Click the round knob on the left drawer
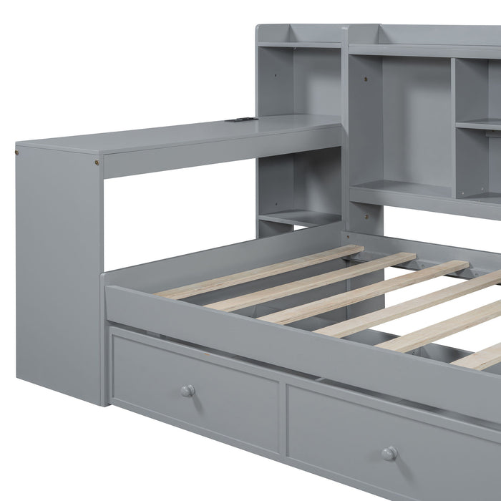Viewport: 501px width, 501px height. (x=187, y=391)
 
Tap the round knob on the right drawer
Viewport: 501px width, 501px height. (x=389, y=453)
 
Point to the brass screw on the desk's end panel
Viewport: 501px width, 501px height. (x=17, y=152)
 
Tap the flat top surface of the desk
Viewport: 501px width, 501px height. (x=179, y=132)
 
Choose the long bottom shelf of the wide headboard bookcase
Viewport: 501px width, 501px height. (x=422, y=193)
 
